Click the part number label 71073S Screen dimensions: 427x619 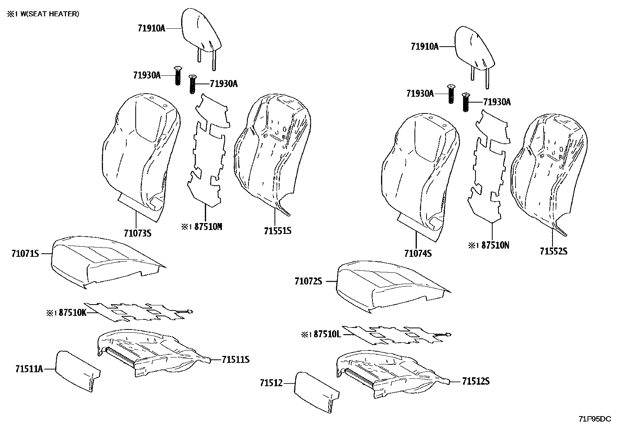point(137,233)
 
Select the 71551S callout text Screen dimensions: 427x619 point(278,231)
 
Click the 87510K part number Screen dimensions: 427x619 point(72,312)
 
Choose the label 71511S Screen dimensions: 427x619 point(236,360)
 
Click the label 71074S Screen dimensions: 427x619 point(418,254)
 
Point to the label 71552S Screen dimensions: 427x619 point(553,251)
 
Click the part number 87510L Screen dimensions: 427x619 point(327,334)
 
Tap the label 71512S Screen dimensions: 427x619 point(476,382)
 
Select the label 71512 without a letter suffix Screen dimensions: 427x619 point(271,383)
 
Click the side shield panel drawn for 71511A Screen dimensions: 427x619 point(76,369)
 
